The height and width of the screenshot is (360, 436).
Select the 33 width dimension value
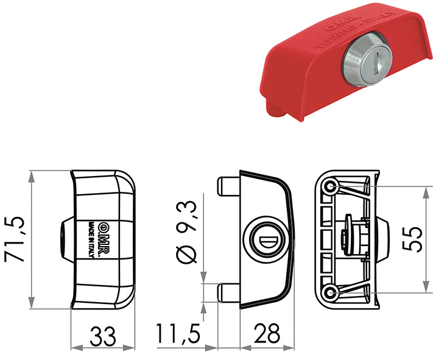click(x=102, y=336)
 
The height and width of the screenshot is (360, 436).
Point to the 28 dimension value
click(x=266, y=336)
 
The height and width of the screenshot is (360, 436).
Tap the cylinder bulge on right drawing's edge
click(x=381, y=239)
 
